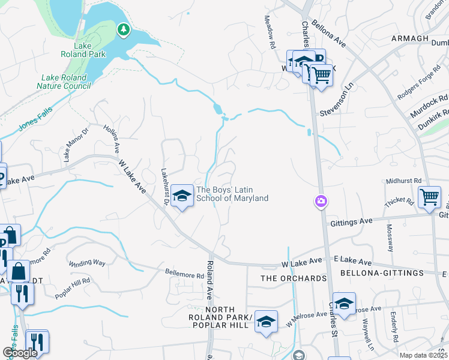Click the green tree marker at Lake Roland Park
[x=124, y=29]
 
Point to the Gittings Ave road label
[x=351, y=222]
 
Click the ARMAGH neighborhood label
[x=410, y=38]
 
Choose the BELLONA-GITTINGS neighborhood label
[x=373, y=274]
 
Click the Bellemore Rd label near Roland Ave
[x=184, y=275]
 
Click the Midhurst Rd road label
[x=404, y=180]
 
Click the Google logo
[x=20, y=352]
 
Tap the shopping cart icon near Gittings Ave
[x=430, y=197]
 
